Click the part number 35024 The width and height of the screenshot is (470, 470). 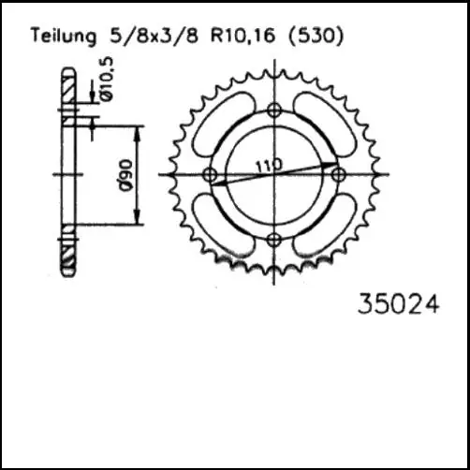(x=398, y=304)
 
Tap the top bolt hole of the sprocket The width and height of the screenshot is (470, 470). (x=273, y=110)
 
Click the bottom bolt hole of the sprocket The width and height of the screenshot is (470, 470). (x=273, y=240)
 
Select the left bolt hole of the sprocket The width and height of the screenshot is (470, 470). (x=210, y=175)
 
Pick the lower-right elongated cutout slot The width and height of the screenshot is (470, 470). (x=326, y=228)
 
